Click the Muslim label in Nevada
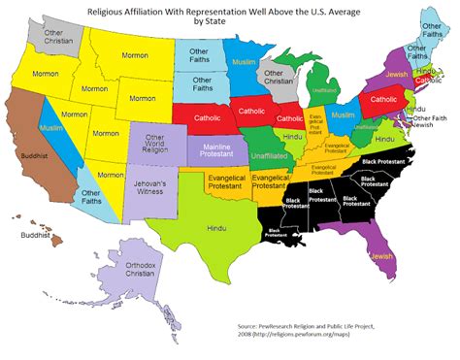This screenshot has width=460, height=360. point(51,127)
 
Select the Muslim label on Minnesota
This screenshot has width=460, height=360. point(243,62)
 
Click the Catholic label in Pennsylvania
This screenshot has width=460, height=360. point(380,100)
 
